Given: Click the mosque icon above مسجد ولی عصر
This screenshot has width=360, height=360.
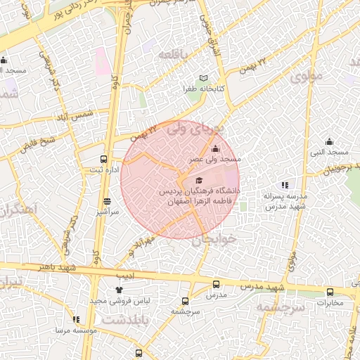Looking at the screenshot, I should coord(215,149).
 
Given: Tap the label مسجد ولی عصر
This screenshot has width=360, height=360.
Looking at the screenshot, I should coord(205,160).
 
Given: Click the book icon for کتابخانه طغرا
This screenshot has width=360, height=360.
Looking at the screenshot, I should coord(204,78).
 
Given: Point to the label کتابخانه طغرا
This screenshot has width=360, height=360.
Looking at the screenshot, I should coord(204,89).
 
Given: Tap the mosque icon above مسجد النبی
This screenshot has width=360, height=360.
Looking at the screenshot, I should coord(329,141).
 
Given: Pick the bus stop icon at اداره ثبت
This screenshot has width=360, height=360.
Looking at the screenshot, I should coord(104,160).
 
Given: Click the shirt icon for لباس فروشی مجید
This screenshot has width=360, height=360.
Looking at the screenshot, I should coord(118,290).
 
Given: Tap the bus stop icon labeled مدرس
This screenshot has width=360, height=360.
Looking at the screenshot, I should coord(215,285).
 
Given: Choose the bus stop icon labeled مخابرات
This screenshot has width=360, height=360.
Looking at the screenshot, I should coord(330,292).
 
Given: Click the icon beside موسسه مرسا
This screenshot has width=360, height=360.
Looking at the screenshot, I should coord(75,320).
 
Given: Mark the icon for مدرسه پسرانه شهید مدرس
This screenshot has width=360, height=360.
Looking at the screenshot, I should coord(285,185).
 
